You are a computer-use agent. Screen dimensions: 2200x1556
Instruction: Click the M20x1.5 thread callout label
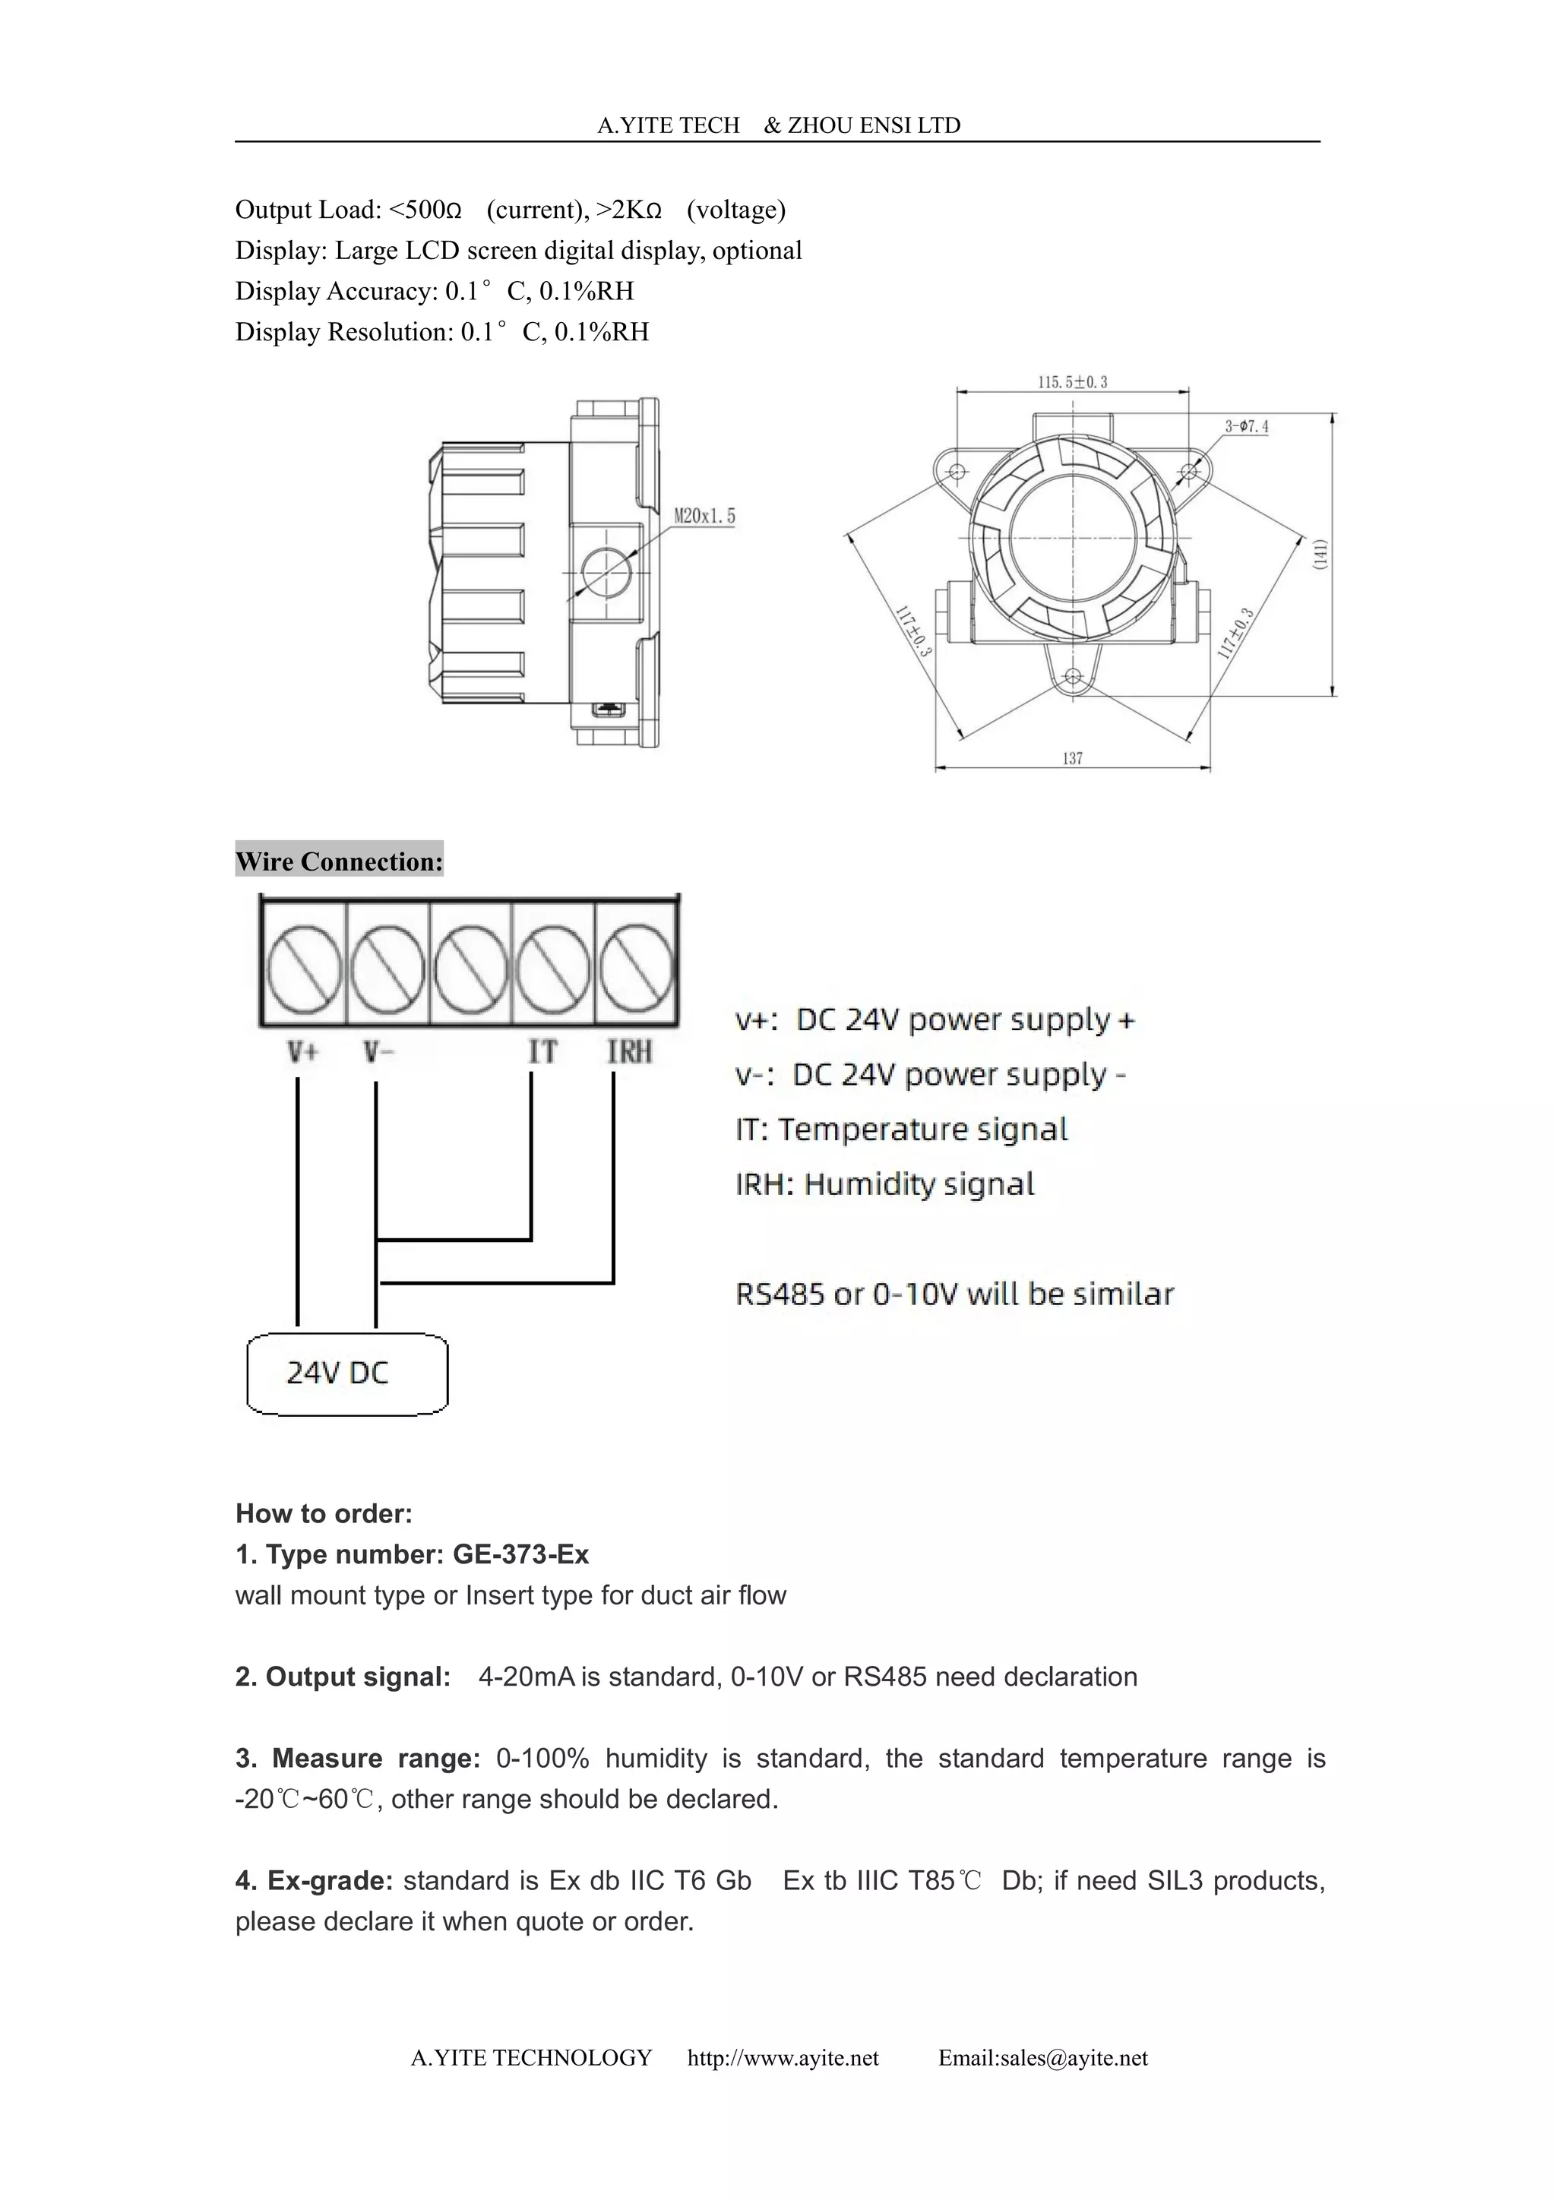coord(704,517)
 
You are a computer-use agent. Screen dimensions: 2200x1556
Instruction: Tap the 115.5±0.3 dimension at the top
coord(1072,382)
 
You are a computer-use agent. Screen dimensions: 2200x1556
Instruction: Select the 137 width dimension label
coord(1072,758)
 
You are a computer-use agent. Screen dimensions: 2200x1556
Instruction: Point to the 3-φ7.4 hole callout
coord(1245,426)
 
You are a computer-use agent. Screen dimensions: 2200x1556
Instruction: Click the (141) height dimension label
coord(1320,555)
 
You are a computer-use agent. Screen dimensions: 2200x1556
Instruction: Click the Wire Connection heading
coord(339,861)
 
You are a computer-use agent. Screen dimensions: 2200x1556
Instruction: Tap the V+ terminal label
coord(303,1052)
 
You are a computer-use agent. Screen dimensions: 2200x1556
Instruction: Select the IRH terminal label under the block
coord(630,1052)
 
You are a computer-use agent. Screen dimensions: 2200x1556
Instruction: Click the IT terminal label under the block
coord(542,1052)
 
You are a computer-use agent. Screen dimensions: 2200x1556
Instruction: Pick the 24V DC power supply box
coord(347,1374)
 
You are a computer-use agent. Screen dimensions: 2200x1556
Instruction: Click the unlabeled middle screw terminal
coord(470,964)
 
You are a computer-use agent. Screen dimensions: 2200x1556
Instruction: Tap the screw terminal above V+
coord(303,964)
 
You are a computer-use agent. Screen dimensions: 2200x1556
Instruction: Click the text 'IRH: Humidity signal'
coord(884,1184)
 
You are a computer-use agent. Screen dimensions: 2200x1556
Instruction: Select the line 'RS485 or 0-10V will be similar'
coord(954,1294)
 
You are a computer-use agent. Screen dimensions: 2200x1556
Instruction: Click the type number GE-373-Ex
coord(520,1554)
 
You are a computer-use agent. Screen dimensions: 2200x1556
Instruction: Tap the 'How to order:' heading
coord(324,1514)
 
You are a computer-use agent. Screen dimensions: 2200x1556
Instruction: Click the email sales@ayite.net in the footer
coord(1042,2058)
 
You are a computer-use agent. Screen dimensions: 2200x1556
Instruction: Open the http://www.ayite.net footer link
coord(783,2058)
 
